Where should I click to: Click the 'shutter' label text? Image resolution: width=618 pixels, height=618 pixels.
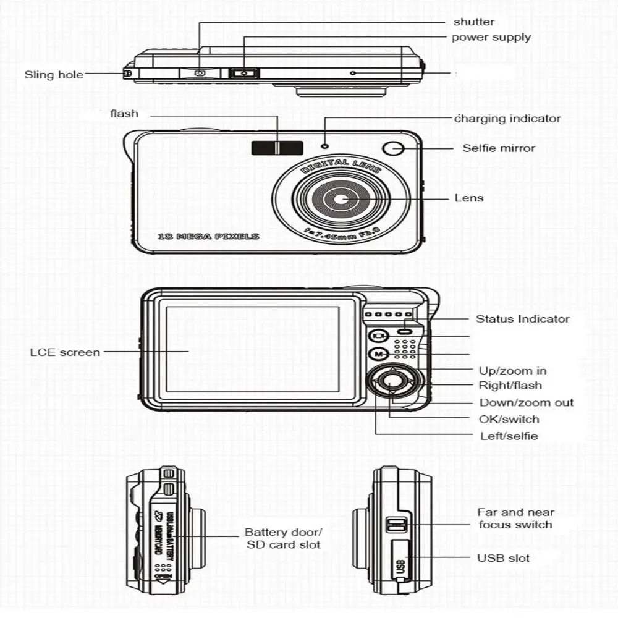point(474,22)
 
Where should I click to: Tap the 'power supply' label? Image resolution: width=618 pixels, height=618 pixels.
point(491,37)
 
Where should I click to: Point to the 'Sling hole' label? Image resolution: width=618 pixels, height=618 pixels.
point(54,75)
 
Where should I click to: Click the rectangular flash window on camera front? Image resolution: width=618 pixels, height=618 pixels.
point(277,148)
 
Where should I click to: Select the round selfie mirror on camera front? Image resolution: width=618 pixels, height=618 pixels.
point(393,148)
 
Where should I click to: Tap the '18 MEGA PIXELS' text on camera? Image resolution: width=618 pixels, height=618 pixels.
point(209,236)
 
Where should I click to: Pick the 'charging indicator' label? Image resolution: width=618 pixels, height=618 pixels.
point(507,119)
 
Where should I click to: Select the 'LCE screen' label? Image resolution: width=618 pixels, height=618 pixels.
point(65,352)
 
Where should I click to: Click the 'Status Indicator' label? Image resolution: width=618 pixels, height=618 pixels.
point(522,319)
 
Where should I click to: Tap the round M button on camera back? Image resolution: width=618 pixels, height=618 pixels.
point(378,354)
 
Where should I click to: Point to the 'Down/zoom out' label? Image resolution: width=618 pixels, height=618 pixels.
point(527,402)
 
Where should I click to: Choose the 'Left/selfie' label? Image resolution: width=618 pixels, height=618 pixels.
point(509,436)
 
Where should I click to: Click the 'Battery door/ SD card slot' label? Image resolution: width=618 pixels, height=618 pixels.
point(283,538)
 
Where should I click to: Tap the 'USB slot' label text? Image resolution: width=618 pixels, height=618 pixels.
point(503,558)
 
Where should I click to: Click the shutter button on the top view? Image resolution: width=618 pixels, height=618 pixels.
point(199,74)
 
